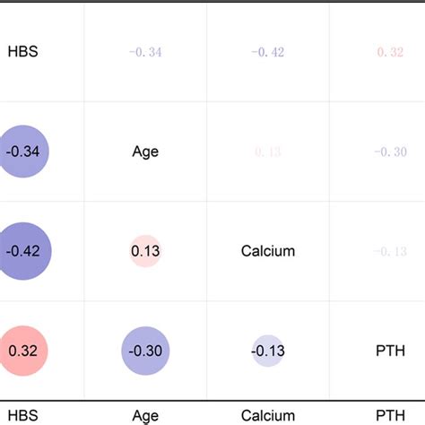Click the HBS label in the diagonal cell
click(22, 52)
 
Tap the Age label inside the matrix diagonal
click(145, 152)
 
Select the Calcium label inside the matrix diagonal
click(267, 251)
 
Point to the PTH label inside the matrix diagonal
click(391, 351)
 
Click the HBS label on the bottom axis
click(22, 415)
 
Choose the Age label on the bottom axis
click(145, 415)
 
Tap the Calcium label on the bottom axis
click(267, 415)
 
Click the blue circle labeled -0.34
click(22, 152)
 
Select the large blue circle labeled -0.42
click(22, 251)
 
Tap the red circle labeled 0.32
click(22, 351)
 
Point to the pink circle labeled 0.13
click(145, 251)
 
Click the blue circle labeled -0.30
click(145, 351)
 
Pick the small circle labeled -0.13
click(267, 351)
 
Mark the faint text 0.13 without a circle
click(267, 152)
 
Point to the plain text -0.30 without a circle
click(391, 152)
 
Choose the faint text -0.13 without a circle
click(391, 252)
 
